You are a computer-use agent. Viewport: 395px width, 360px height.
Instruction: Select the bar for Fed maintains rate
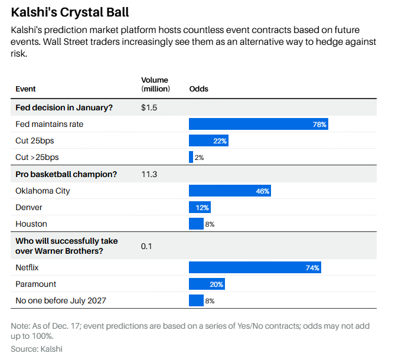coord(259,124)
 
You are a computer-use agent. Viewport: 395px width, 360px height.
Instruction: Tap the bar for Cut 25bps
coord(208,140)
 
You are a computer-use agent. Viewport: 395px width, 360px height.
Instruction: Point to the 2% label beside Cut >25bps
coord(199,158)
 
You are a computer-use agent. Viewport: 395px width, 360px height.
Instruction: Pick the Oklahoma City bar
coord(230,191)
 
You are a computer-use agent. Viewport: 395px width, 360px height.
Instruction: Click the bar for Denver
coord(200,207)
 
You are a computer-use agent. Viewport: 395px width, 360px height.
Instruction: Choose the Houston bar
coord(196,224)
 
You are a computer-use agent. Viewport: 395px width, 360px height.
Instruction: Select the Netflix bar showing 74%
coord(255,267)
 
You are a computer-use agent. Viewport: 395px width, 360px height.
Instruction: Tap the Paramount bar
coord(207,284)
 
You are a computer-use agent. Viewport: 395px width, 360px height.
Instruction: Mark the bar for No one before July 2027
coord(196,300)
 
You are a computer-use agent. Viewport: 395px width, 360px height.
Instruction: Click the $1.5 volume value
coord(149,107)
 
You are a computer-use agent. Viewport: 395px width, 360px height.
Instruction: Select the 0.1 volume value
coord(146,246)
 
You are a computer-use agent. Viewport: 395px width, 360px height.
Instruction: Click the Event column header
coord(25,89)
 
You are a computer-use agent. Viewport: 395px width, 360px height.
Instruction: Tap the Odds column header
coord(198,89)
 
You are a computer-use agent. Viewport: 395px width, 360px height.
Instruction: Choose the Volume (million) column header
coord(155,84)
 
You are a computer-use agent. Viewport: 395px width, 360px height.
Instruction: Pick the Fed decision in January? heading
coord(64,107)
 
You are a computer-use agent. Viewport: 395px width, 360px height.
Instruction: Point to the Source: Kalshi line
coord(37,349)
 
